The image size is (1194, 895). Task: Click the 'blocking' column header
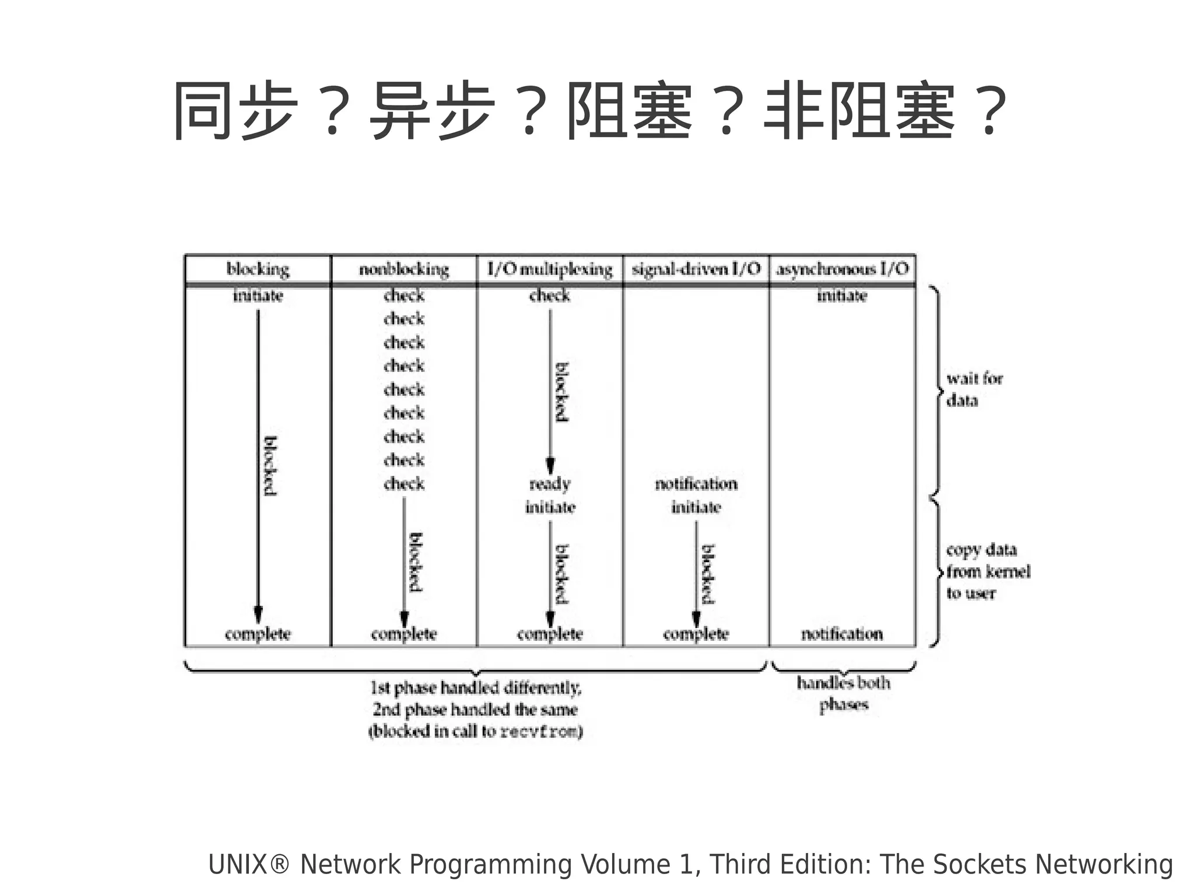click(x=258, y=269)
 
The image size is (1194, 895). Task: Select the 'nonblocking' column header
click(x=404, y=269)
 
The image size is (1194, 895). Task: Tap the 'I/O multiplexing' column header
click(x=550, y=269)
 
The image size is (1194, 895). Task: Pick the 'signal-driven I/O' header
click(x=696, y=269)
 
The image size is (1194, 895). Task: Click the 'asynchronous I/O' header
click(x=842, y=269)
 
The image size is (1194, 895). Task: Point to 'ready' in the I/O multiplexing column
click(x=550, y=484)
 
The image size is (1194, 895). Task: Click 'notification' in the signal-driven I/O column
click(x=696, y=484)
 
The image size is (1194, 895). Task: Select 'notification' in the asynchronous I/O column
click(x=842, y=634)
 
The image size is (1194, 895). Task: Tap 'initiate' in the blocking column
click(x=258, y=296)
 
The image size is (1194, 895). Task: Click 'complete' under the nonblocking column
click(x=404, y=634)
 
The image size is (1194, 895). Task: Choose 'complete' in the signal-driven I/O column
click(x=696, y=634)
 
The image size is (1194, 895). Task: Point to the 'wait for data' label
click(x=974, y=389)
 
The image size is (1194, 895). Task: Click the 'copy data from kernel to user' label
click(x=988, y=571)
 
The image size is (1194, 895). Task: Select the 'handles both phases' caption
click(x=844, y=694)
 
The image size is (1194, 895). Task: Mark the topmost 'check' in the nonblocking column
click(x=404, y=296)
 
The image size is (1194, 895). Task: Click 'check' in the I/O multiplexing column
click(x=550, y=296)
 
